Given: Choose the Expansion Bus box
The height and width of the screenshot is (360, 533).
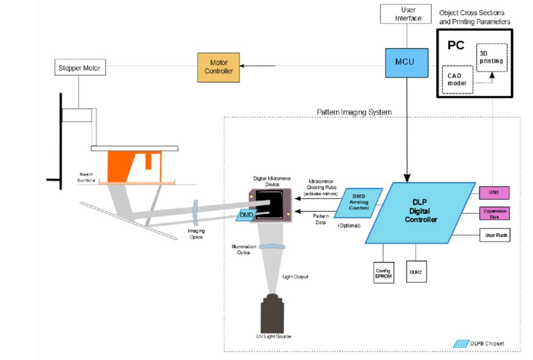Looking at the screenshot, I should coord(494,213).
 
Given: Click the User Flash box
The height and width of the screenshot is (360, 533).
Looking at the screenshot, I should coord(494,236).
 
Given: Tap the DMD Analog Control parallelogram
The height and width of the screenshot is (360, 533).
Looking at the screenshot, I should coord(359,202).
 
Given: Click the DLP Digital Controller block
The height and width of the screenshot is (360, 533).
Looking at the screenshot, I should coord(420,212).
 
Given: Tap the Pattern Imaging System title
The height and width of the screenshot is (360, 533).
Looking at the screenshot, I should coord(354,112).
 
